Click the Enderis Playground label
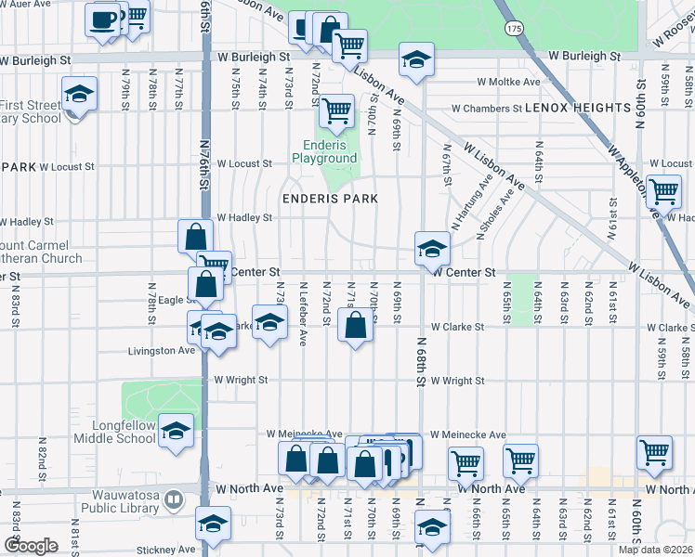click(x=324, y=152)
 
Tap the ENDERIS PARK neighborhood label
click(x=331, y=199)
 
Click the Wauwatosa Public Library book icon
click(x=173, y=501)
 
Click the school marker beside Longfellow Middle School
click(x=175, y=431)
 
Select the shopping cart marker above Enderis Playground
click(x=336, y=110)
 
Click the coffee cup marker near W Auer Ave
click(x=103, y=19)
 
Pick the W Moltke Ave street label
click(x=507, y=82)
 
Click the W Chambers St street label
click(x=487, y=109)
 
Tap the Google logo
click(x=30, y=546)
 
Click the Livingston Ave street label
click(x=161, y=351)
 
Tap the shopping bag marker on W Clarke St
click(x=355, y=326)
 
